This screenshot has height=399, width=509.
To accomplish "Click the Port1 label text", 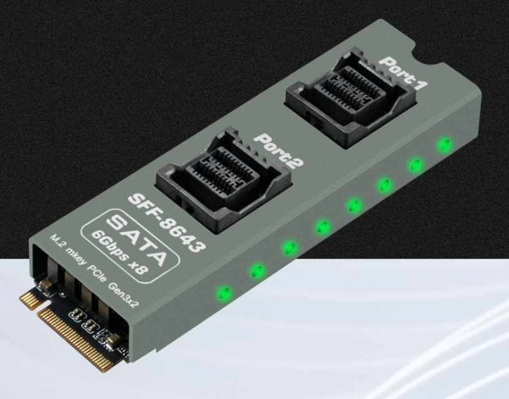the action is [404, 73].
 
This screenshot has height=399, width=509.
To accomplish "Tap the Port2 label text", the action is [278, 151].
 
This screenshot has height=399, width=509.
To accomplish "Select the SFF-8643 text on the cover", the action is [167, 223].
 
